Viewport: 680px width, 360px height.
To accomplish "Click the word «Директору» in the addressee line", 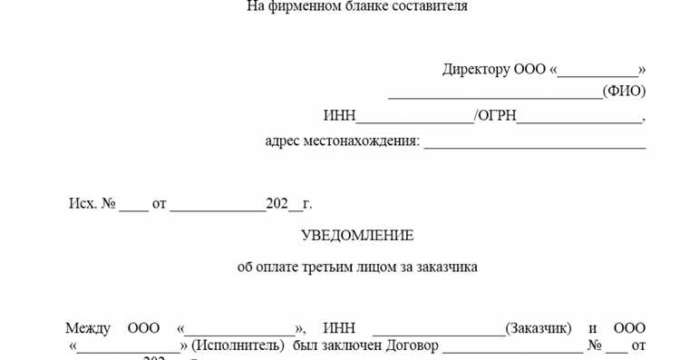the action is click(476, 70).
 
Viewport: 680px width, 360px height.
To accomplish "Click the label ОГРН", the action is click(498, 116).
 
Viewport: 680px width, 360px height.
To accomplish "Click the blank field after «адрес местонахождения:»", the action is click(534, 144).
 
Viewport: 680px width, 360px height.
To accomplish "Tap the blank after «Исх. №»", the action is click(132, 207).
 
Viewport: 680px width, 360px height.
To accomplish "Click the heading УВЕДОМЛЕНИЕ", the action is click(356, 236).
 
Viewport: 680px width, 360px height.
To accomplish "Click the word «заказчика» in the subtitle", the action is click(448, 268).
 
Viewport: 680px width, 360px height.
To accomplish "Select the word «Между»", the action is click(88, 327).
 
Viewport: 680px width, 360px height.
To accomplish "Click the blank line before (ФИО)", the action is click(495, 93).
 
